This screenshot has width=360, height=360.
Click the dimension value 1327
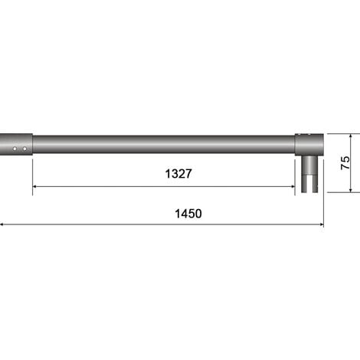pyautogui.click(x=178, y=174)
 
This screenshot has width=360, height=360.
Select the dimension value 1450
pyautogui.click(x=188, y=214)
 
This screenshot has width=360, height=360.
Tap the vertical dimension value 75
pyautogui.click(x=345, y=162)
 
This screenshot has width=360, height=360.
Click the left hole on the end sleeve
pyautogui.click(x=15, y=148)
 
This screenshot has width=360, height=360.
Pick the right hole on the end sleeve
pyautogui.click(x=25, y=148)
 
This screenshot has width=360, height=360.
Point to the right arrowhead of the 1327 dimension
pyautogui.click(x=292, y=186)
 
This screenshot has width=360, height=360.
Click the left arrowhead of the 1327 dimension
pyautogui.click(x=35, y=186)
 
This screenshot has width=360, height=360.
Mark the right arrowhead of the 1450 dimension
pyautogui.click(x=320, y=225)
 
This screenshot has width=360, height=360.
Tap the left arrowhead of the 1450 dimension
pyautogui.click(x=3, y=225)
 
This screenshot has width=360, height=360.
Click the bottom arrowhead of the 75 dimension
pyautogui.click(x=351, y=189)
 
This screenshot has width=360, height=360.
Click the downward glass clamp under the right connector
pyautogui.click(x=309, y=175)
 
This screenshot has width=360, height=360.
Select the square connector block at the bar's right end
pyautogui.click(x=309, y=145)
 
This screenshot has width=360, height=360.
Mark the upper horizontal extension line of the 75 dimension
pyautogui.click(x=341, y=134)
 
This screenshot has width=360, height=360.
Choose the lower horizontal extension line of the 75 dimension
pyautogui.click(x=341, y=192)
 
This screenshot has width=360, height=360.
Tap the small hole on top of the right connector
pyautogui.click(x=309, y=136)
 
